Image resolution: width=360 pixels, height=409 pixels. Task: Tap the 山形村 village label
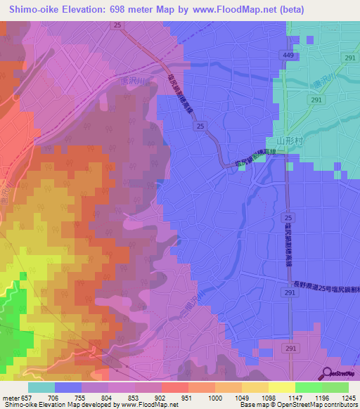(x=288, y=141)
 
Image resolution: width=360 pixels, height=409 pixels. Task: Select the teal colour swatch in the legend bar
(x=41, y=387)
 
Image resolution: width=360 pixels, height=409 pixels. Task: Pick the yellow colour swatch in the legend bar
(x=281, y=387)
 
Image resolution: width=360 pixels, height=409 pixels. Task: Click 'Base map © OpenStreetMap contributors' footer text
(x=298, y=405)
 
